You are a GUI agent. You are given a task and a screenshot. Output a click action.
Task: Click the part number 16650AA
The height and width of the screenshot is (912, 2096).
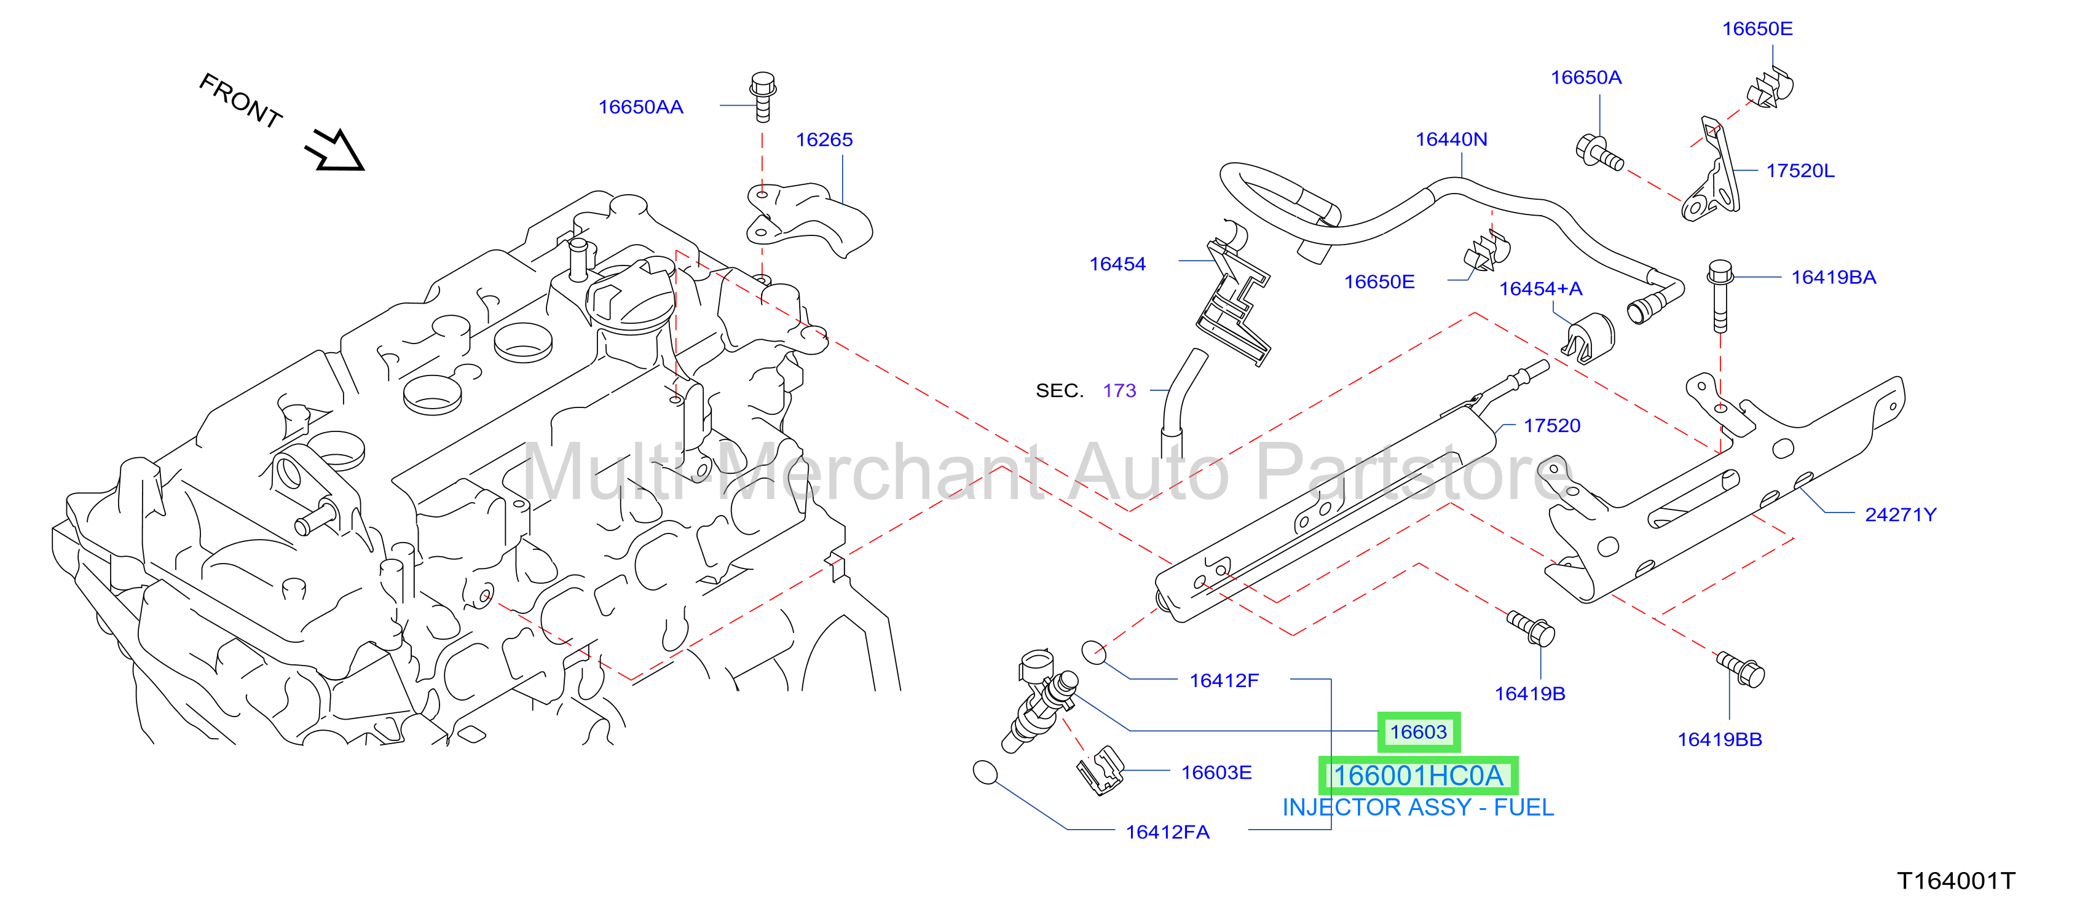point(640,106)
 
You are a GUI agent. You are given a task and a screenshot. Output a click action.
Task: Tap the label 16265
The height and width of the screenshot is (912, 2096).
point(824,140)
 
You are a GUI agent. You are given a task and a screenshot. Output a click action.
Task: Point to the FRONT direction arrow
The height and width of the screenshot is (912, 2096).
point(334,150)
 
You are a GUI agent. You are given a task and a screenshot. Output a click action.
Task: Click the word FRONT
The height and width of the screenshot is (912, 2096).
point(241,100)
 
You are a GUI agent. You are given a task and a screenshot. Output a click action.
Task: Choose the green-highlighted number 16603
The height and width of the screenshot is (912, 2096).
point(1418,732)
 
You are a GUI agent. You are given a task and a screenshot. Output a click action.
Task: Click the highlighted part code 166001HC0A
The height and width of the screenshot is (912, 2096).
point(1417,776)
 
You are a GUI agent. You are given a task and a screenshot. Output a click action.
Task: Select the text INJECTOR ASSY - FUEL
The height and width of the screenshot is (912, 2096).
point(1417,808)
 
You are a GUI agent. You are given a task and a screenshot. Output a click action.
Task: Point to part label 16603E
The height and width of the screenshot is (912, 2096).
point(1216,773)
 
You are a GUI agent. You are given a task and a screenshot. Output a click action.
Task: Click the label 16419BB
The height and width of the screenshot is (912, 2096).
point(1719,739)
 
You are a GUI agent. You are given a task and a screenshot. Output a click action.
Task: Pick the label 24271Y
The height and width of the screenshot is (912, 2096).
point(1900,515)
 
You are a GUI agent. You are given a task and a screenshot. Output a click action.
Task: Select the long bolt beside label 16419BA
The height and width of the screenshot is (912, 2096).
point(1720,296)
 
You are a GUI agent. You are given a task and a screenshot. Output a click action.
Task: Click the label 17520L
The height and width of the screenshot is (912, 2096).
point(1800,171)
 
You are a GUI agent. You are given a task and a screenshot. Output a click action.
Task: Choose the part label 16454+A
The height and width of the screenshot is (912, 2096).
point(1540,289)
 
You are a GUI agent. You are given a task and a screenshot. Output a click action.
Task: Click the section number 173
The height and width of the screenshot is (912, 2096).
point(1119,390)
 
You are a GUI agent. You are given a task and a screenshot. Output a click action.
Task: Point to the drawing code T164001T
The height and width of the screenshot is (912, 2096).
point(1956,881)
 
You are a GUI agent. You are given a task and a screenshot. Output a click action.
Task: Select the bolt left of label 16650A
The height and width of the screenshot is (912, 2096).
point(1599,154)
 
